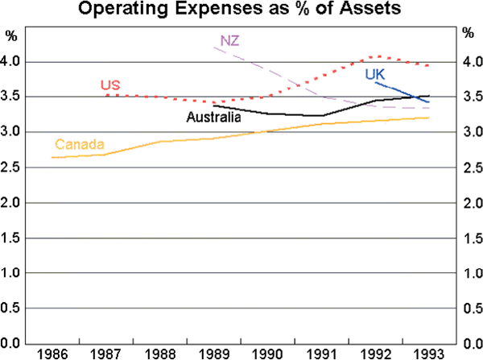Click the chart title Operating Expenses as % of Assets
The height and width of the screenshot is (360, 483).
click(x=242, y=10)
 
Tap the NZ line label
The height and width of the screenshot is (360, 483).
click(x=229, y=40)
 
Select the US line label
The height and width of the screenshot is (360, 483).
click(x=109, y=85)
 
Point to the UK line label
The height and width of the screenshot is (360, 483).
click(x=374, y=74)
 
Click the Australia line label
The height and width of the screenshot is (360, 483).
click(x=213, y=118)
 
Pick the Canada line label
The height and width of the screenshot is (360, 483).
click(x=79, y=145)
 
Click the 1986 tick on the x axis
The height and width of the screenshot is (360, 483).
click(x=51, y=353)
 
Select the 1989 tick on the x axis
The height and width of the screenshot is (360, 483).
click(x=213, y=353)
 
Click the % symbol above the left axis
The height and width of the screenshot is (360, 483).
click(x=10, y=35)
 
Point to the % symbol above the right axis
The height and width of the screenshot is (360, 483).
click(x=469, y=35)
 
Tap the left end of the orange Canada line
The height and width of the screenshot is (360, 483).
click(x=52, y=157)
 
